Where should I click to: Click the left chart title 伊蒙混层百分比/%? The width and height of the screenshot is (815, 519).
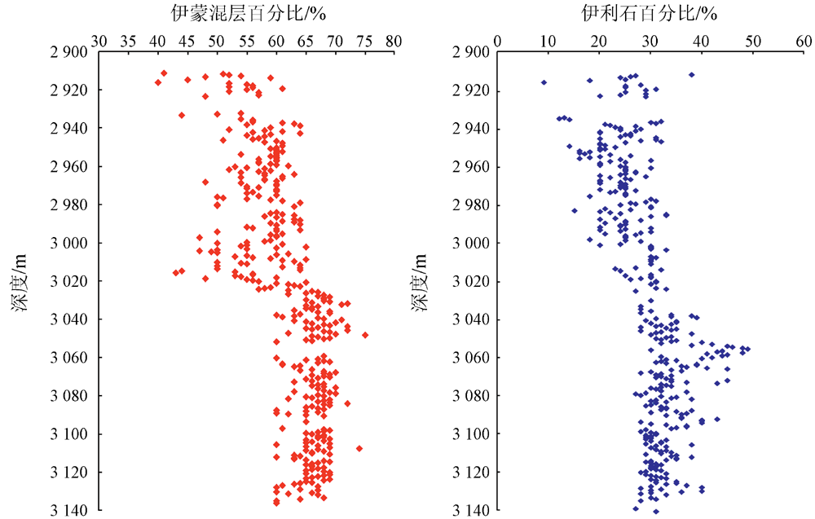click(x=244, y=14)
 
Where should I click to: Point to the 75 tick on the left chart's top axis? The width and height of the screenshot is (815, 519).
click(x=364, y=40)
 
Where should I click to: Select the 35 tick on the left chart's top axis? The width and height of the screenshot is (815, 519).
click(x=128, y=40)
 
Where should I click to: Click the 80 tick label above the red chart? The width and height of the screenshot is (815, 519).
click(x=394, y=40)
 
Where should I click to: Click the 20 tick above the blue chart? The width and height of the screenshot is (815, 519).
click(x=599, y=40)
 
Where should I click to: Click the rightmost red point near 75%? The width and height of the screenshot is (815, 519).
click(x=365, y=335)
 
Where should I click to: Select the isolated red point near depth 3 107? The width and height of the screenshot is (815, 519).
click(x=359, y=448)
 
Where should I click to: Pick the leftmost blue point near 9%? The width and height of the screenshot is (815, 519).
click(x=544, y=82)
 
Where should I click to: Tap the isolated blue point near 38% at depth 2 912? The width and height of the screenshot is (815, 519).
click(x=691, y=75)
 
